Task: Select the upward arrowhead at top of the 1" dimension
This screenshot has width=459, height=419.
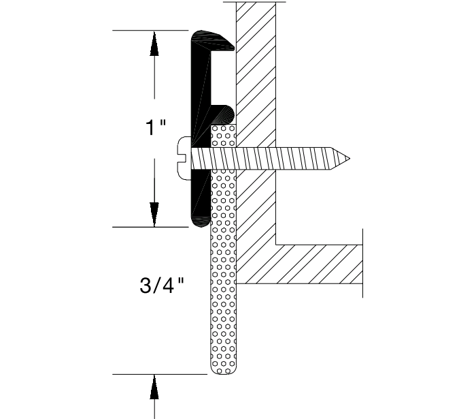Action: (154, 44)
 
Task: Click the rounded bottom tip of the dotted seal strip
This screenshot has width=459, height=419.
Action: (224, 369)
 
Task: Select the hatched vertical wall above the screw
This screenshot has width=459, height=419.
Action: (256, 75)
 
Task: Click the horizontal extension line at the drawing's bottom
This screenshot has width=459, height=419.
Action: (160, 374)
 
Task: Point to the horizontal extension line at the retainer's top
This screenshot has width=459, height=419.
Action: (150, 31)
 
